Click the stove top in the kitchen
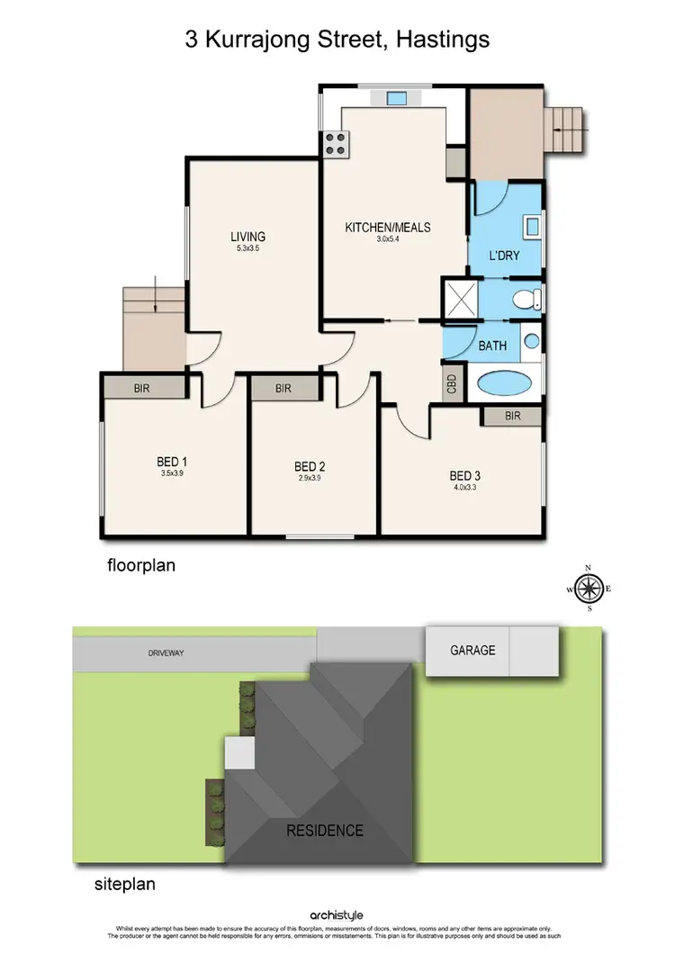point(336,145)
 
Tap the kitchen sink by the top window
point(396,99)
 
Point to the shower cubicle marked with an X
point(463,298)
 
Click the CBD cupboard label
point(452,383)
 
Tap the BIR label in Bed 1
point(141,388)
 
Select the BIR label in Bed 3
point(513,416)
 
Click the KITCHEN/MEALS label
point(388,228)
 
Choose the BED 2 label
point(310,466)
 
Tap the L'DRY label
point(505,256)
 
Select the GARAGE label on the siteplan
point(472,650)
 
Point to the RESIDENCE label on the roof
point(325,830)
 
